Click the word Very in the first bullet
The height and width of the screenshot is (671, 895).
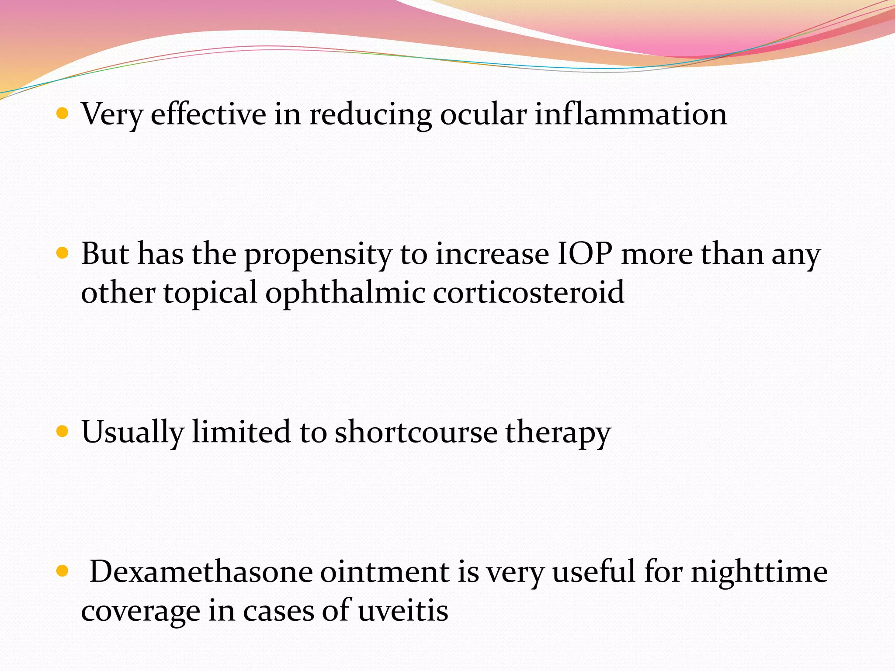[112, 115]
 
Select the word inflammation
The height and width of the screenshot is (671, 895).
[631, 114]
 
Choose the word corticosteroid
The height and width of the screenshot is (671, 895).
[528, 292]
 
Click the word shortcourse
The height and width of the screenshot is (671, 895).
[416, 432]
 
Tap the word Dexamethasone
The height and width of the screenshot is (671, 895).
[201, 572]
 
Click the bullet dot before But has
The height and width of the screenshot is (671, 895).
[63, 254]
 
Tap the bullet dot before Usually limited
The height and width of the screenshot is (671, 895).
[63, 432]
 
